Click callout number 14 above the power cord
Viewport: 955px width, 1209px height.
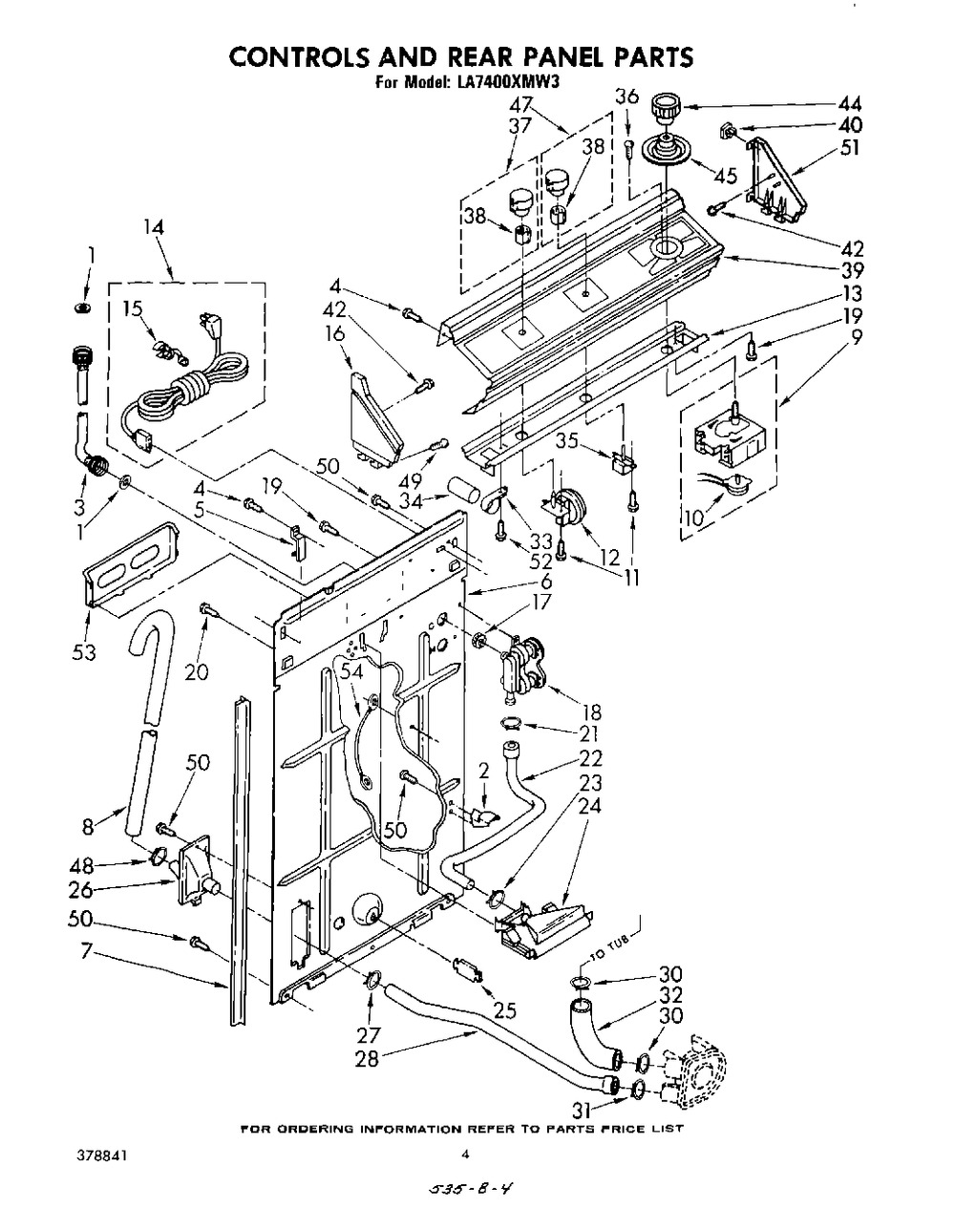point(153,227)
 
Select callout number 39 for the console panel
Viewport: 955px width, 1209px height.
point(849,270)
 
